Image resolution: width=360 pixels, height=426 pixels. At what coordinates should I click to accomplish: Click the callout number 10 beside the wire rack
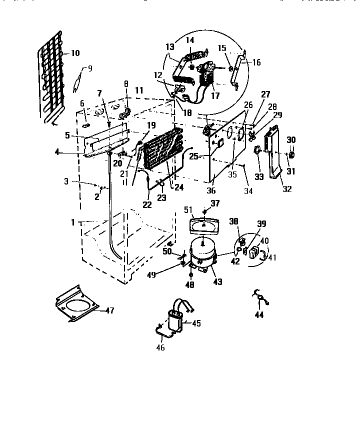(x=75, y=53)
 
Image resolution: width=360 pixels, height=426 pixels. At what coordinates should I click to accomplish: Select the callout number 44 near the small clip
(x=259, y=315)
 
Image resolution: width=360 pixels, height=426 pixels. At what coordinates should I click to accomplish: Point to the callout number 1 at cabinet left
(x=73, y=222)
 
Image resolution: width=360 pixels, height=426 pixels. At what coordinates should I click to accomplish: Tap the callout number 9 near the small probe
(x=90, y=69)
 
